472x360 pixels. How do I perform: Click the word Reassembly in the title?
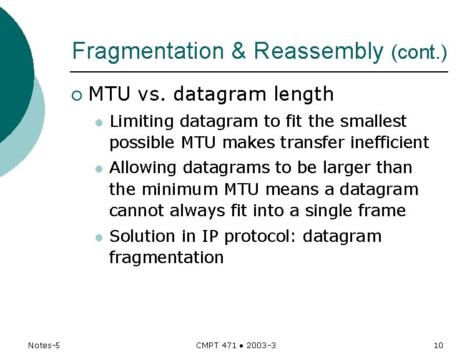click(318, 51)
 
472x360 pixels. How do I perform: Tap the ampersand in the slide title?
click(238, 51)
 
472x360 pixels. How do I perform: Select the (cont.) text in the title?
click(419, 53)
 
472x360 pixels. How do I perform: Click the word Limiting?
click(137, 121)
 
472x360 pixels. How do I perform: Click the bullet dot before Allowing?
click(98, 169)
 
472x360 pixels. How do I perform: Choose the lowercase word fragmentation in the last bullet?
click(166, 257)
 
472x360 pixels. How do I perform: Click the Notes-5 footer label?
click(44, 346)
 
